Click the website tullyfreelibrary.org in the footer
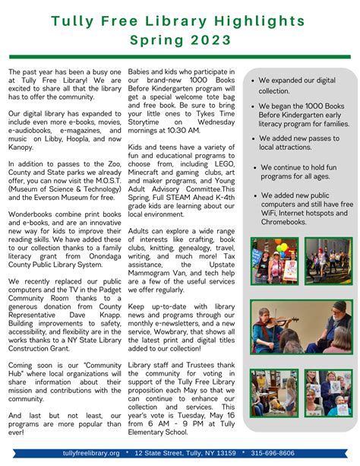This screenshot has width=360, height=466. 91,453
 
